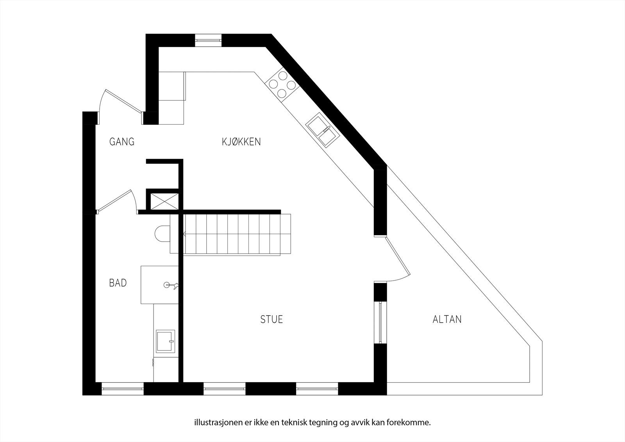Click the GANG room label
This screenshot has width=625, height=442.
(x=122, y=141)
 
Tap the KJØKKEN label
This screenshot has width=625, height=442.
(x=241, y=141)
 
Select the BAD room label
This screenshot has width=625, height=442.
(x=118, y=283)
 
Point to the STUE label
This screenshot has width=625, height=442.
(x=271, y=319)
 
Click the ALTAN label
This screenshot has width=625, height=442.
(x=447, y=319)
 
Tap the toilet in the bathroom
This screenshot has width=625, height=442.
(x=162, y=233)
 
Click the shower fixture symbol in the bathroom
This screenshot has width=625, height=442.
(x=171, y=285)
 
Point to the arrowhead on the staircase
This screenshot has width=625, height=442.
(x=182, y=234)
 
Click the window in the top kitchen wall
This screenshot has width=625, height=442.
(x=209, y=39)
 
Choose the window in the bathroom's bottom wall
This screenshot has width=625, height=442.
(x=123, y=388)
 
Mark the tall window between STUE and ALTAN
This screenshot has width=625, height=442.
(x=380, y=322)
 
